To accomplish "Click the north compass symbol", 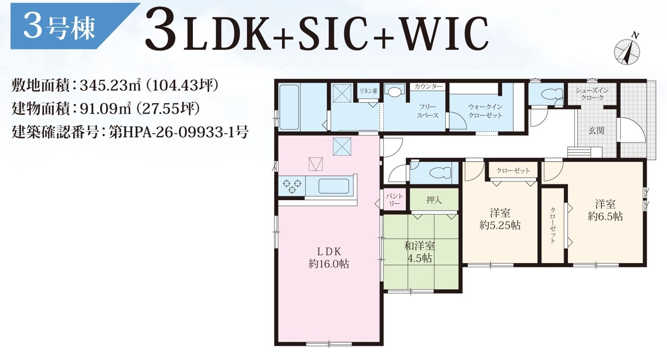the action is point(627,52).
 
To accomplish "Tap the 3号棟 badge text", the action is point(59,28).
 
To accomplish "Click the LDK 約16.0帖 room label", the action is point(329,258).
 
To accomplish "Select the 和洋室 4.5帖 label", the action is point(419,252).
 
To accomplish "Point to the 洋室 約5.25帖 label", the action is point(500,219).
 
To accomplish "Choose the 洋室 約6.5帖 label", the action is point(606,210).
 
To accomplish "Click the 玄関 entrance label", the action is point(597,130).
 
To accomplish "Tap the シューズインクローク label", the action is point(592,94).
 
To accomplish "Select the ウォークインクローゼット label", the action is point(485,111).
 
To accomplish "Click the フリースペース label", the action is point(428,111).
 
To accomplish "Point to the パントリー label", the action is point(394,200).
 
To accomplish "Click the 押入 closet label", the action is point(434,200).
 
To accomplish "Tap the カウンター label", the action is point(428,86).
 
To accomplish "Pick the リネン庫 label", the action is point(368,91).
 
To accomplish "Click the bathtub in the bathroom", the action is point(289,107).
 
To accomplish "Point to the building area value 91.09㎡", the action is point(106,109).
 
